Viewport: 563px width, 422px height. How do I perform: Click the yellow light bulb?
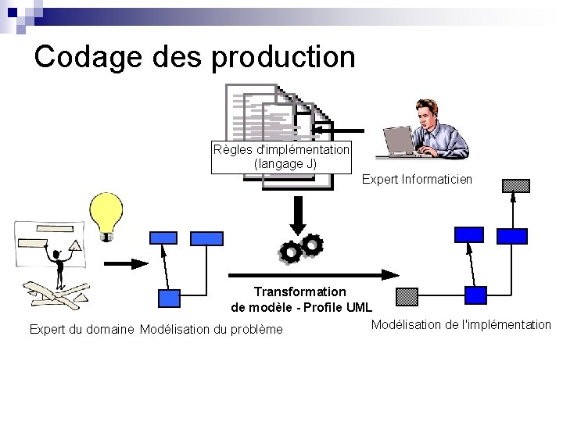coord(107,213)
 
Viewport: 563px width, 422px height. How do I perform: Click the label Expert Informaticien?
coord(417,180)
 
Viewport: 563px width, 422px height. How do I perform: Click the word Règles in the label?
coord(231,149)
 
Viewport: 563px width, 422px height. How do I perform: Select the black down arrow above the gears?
coord(298,211)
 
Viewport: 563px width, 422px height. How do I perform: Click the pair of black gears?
coord(300,248)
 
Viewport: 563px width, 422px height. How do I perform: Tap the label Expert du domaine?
coord(81,329)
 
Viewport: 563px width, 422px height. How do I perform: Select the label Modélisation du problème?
coord(211,329)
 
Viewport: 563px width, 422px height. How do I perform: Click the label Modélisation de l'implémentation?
coord(461,324)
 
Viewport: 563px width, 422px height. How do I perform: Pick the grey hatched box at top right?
coord(516,186)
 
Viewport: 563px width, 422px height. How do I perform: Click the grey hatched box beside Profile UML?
coord(407,295)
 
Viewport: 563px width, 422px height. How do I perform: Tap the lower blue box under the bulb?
coord(169,297)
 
